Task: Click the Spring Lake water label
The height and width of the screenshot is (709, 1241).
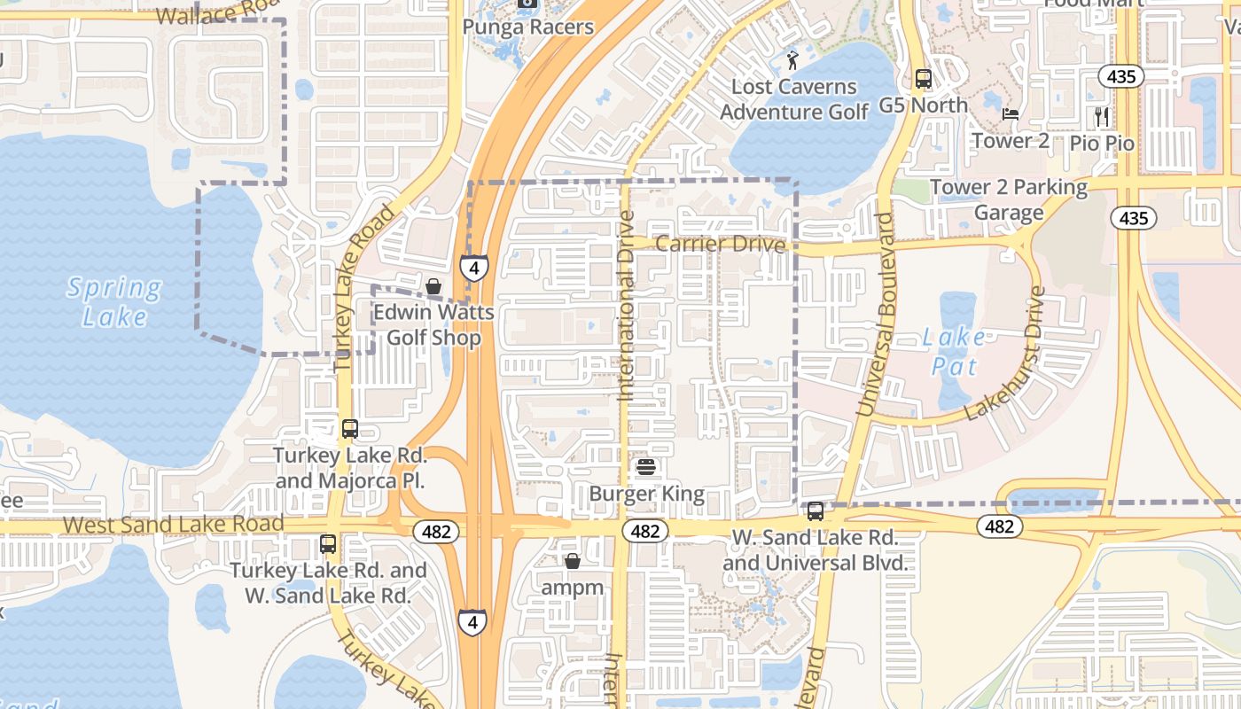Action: click(114, 301)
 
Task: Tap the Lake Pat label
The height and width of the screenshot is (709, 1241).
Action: click(954, 351)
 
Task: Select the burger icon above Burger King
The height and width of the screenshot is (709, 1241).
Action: click(646, 467)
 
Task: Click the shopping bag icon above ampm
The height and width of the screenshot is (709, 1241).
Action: click(573, 561)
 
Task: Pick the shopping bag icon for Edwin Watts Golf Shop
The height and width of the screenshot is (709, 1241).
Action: click(433, 287)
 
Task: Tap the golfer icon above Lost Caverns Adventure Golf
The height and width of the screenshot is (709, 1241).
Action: click(792, 60)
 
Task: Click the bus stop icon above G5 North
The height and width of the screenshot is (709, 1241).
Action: click(924, 79)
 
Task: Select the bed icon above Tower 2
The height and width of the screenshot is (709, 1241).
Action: click(1010, 114)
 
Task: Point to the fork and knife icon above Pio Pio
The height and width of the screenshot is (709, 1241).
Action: click(1102, 116)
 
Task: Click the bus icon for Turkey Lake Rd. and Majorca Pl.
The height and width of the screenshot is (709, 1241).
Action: click(350, 429)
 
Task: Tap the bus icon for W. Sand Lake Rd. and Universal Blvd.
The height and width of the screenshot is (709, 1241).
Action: click(815, 511)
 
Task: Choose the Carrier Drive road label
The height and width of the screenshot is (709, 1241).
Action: click(721, 244)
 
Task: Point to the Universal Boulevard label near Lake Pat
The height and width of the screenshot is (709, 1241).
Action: click(875, 315)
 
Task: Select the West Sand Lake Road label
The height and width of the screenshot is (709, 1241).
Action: click(174, 524)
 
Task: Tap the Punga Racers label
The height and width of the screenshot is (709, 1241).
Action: click(528, 27)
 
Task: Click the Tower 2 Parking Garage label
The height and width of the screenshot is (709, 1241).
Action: click(1009, 199)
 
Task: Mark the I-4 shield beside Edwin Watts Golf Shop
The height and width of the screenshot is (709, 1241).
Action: click(474, 267)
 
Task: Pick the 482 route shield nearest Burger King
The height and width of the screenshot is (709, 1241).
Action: click(645, 531)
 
